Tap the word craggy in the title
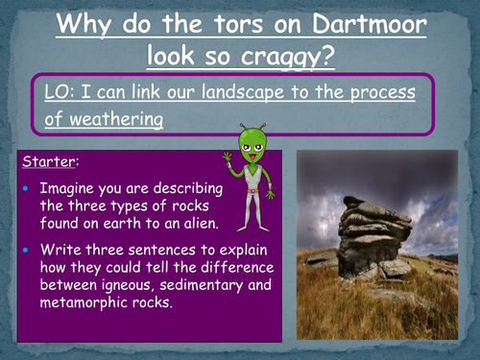click(283, 56)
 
